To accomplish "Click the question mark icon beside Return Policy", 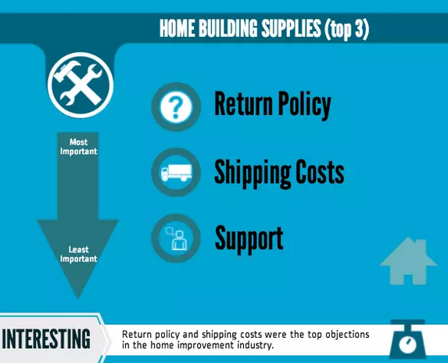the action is [x=176, y=106].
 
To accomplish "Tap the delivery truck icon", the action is [x=176, y=172].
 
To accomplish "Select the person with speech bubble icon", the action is [x=176, y=238].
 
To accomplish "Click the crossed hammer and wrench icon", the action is [x=81, y=85].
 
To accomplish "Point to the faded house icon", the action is [x=408, y=261].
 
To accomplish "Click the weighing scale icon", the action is [x=407, y=340].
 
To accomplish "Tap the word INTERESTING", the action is [x=46, y=339].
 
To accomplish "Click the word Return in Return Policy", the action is [x=243, y=103].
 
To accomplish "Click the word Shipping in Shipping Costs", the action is [x=253, y=173].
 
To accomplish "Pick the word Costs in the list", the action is [x=320, y=171].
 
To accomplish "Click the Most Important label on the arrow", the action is [x=78, y=146].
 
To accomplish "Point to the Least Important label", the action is [x=78, y=254].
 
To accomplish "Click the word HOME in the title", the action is [x=177, y=28].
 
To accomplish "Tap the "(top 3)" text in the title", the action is [x=346, y=29].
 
